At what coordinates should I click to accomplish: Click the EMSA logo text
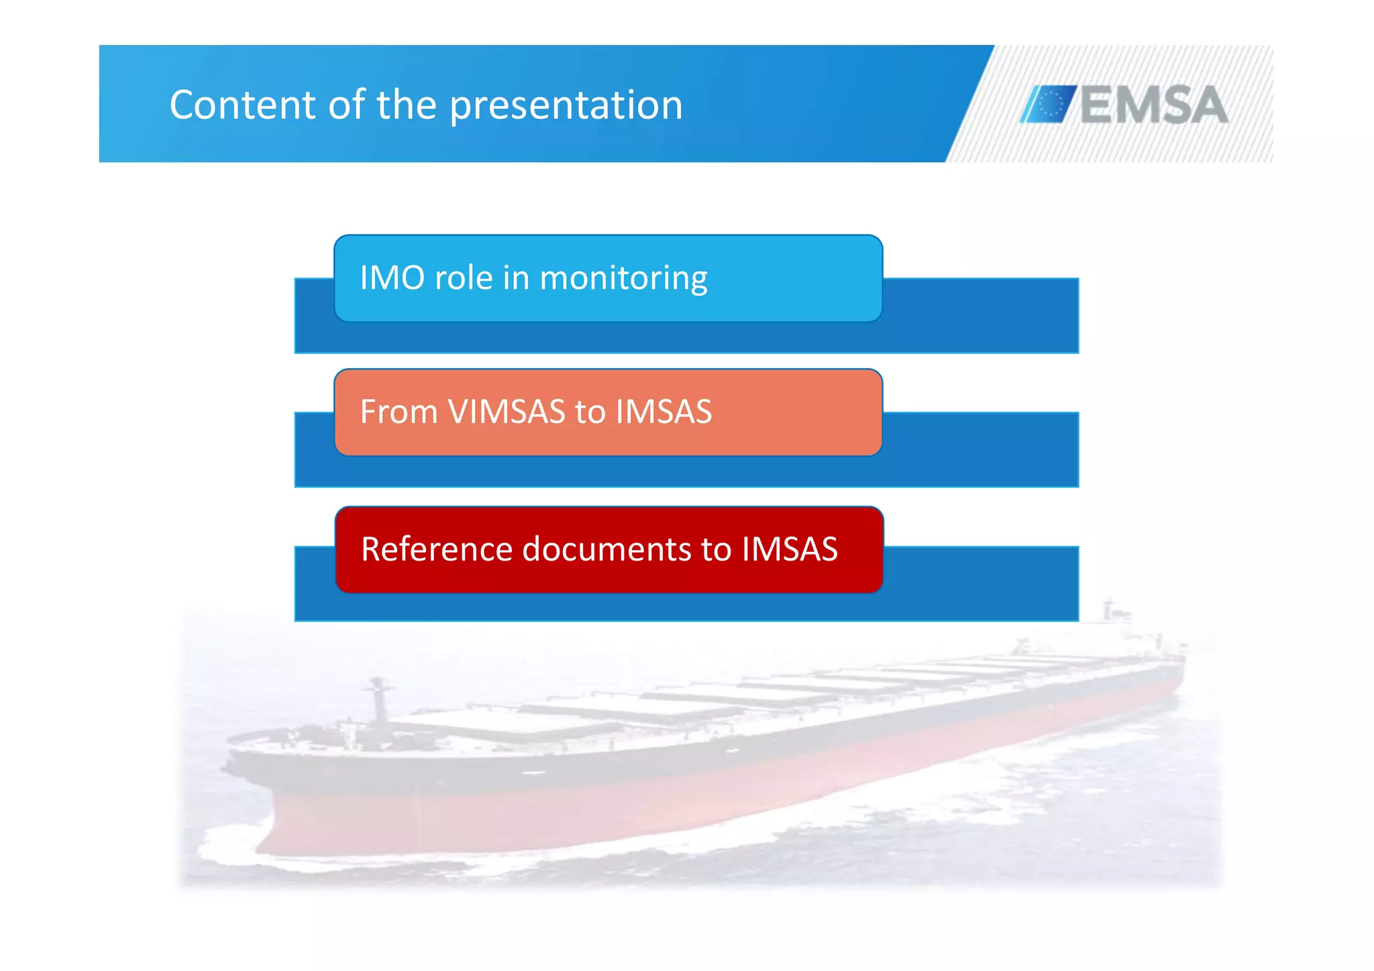[x=1154, y=105]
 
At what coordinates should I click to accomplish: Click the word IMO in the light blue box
[x=392, y=278]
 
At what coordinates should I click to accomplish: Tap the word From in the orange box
[x=399, y=412]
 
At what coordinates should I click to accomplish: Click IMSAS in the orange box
[x=664, y=412]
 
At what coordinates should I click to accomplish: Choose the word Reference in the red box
[x=437, y=549]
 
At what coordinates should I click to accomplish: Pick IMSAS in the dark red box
[x=790, y=549]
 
